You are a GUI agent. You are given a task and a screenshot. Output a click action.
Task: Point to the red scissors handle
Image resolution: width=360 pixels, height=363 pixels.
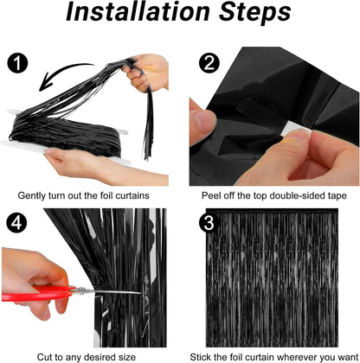[x=30, y=294]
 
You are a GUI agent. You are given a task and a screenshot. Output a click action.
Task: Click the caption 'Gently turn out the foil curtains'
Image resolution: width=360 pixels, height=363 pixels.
[x=90, y=196]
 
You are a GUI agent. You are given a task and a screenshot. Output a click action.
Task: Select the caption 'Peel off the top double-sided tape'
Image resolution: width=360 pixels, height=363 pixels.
[x=273, y=196]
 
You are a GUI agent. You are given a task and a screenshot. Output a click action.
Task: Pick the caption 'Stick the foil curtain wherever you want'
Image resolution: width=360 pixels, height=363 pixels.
[x=273, y=353]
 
